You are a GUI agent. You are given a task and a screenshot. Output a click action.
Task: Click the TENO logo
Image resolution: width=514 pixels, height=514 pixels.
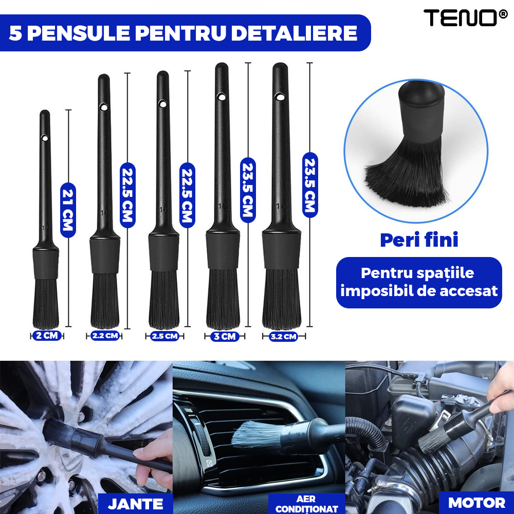point(460,19)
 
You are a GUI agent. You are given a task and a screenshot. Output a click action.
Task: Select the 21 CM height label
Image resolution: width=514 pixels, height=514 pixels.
point(68,210)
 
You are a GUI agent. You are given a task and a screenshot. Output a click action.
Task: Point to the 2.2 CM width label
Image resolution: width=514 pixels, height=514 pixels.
point(105,336)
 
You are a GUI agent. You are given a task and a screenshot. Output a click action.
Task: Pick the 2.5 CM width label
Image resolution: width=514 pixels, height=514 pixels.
point(164,336)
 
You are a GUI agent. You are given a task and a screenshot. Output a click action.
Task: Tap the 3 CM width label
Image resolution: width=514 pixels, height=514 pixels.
point(225,336)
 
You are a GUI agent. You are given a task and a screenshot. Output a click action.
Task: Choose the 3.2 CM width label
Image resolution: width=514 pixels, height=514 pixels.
point(283,337)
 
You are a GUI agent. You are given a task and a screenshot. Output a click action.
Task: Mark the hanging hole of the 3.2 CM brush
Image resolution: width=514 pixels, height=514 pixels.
point(280,96)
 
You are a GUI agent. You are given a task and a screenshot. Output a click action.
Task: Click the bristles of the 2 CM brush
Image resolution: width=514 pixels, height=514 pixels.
point(46,303)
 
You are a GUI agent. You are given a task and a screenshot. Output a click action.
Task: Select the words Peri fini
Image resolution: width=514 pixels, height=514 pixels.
point(419,240)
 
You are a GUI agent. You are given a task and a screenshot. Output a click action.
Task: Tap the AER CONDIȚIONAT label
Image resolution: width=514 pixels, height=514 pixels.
point(307,504)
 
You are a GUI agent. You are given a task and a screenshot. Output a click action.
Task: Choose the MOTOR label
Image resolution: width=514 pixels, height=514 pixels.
point(476,502)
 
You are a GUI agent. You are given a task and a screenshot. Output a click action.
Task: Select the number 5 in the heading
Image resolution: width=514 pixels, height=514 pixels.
point(15,33)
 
